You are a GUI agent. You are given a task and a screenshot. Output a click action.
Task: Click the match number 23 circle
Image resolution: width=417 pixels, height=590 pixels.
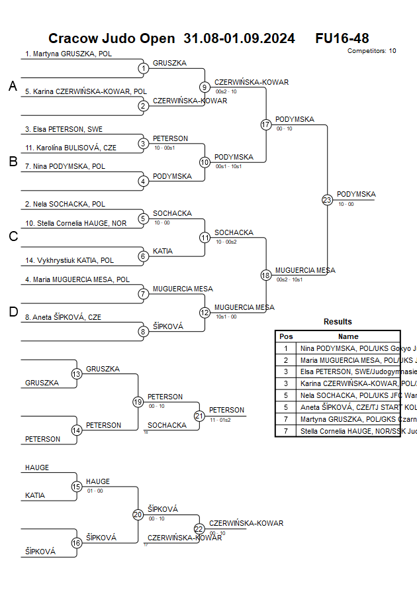click(x=327, y=200)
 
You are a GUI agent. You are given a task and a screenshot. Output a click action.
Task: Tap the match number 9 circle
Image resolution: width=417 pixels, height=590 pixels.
click(x=205, y=87)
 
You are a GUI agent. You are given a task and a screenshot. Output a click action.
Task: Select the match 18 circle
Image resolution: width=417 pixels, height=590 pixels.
click(x=266, y=275)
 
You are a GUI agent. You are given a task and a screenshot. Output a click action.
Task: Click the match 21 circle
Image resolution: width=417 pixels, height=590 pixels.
click(x=199, y=416)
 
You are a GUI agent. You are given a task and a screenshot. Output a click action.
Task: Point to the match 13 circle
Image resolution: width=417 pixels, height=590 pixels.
click(x=77, y=374)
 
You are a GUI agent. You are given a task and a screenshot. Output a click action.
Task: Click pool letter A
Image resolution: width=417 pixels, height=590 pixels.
click(x=13, y=86)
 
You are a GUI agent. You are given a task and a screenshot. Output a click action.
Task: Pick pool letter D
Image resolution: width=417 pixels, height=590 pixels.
click(x=13, y=312)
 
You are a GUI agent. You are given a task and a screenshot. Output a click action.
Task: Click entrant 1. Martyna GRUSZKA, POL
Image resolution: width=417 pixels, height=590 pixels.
click(x=68, y=54)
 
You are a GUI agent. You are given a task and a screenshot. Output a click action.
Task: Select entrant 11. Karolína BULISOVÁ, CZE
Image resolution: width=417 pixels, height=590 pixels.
click(x=71, y=148)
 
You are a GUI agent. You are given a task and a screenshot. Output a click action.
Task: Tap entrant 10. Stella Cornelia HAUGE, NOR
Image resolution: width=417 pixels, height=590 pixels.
click(x=75, y=223)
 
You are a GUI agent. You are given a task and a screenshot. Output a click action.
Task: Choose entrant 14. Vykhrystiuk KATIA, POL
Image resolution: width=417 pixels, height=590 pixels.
click(x=69, y=261)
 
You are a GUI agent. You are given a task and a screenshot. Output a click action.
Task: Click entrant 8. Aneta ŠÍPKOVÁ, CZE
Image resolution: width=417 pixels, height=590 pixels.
click(x=63, y=317)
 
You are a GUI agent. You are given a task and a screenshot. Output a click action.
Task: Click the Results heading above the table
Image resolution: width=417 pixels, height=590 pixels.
click(x=338, y=322)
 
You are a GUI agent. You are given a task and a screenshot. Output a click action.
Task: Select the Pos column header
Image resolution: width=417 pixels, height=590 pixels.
click(x=286, y=336)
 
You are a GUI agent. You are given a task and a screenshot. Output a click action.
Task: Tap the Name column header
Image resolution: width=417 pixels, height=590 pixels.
click(x=348, y=336)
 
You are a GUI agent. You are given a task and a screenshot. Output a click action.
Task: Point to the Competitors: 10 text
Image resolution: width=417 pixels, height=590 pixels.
click(x=372, y=51)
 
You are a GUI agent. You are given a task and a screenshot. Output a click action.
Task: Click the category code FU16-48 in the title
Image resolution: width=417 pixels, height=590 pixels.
click(x=342, y=38)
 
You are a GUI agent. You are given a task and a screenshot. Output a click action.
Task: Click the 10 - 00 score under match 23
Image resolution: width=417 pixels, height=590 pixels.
click(x=346, y=205)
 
